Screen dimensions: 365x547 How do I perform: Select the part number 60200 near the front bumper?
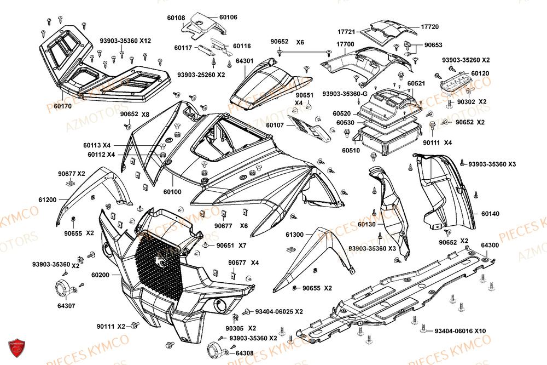(100, 275)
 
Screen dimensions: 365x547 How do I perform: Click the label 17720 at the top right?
(430, 26)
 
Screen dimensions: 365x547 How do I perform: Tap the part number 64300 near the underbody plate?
(490, 245)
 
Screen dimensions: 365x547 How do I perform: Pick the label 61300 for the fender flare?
(294, 235)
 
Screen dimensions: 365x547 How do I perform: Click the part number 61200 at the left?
(48, 201)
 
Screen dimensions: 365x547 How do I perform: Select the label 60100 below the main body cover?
(173, 192)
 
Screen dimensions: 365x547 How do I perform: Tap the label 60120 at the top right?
(480, 73)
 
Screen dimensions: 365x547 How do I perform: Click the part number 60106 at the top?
(228, 18)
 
